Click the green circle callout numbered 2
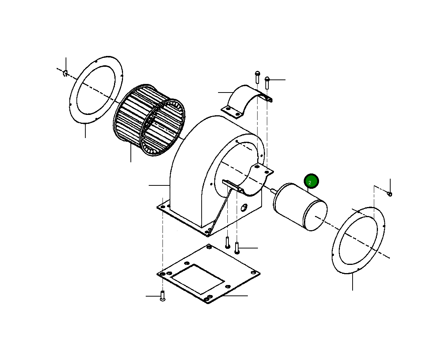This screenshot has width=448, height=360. tap(311, 182)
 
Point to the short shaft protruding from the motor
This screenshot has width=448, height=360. tap(274, 191)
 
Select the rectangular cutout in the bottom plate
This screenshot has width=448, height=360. tap(198, 278)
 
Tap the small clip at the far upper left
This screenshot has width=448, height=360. tap(65, 72)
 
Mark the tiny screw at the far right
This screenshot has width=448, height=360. tap(390, 194)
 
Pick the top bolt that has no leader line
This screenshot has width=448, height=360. tap(257, 77)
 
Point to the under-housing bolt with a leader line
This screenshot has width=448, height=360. tap(237, 248)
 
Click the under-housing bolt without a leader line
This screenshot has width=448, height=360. tap(227, 242)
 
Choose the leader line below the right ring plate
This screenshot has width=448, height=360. tap(352, 282)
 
